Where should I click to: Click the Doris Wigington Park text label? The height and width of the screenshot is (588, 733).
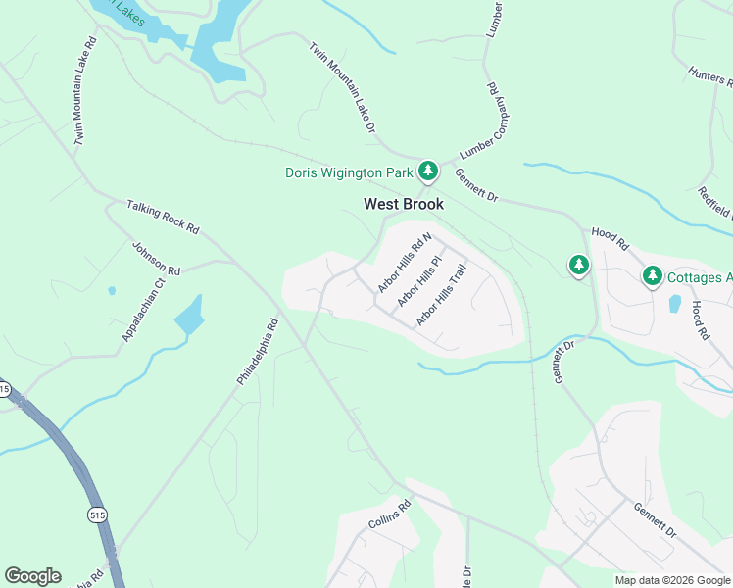348,172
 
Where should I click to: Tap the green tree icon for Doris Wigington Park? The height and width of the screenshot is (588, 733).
427,171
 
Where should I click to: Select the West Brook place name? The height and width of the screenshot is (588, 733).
404,204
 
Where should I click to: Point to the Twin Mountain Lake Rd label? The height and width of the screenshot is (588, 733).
85,93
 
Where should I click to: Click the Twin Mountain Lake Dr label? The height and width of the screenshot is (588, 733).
344,88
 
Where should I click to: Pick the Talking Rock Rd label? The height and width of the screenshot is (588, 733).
163,218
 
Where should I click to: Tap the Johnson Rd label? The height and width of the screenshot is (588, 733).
157,258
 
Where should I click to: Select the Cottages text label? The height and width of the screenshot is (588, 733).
699,278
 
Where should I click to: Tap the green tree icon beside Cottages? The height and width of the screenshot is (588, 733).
653,277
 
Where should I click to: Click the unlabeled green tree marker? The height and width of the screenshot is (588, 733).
579,265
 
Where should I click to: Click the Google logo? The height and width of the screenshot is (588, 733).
32,576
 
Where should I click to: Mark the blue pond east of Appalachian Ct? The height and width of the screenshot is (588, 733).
188,315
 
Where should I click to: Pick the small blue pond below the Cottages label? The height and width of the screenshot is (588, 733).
674,303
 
